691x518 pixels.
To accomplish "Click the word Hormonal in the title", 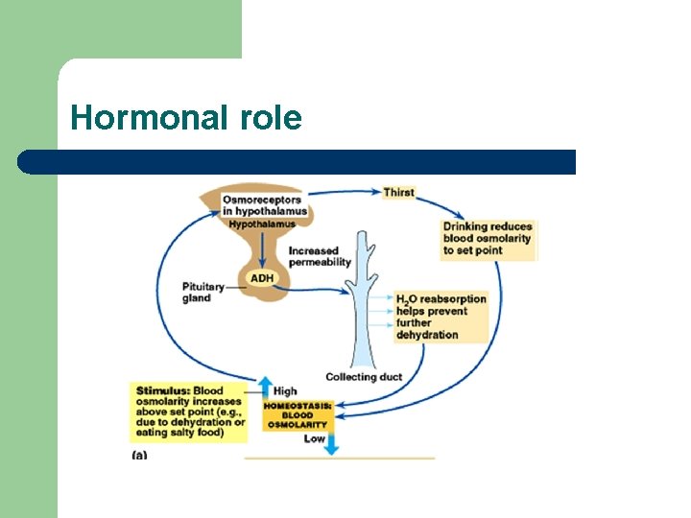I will [x=145, y=118].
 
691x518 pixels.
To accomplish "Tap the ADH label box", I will [x=262, y=278].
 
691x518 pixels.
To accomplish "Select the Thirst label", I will [x=398, y=192].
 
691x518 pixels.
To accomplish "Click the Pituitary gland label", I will [x=203, y=292].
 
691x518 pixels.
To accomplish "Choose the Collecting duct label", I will [x=364, y=377].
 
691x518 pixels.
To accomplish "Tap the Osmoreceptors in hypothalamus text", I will [x=265, y=205].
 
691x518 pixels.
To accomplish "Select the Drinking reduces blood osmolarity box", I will [x=488, y=239].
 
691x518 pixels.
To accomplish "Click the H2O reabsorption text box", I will [x=441, y=317].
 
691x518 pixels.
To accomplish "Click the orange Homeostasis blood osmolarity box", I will [x=298, y=415].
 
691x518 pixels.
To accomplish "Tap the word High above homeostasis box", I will [x=285, y=391].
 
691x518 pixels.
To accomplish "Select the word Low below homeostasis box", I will [x=315, y=438].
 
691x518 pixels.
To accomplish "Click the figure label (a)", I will [x=139, y=455].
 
